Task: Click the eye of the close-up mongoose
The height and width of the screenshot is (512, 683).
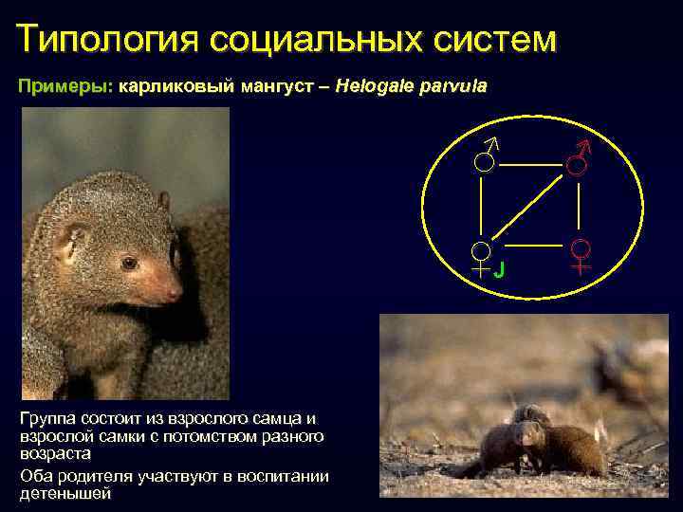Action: pos(129,263)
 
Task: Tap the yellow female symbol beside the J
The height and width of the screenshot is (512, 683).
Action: pos(482,257)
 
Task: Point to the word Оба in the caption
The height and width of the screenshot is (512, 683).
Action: pos(34,476)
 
